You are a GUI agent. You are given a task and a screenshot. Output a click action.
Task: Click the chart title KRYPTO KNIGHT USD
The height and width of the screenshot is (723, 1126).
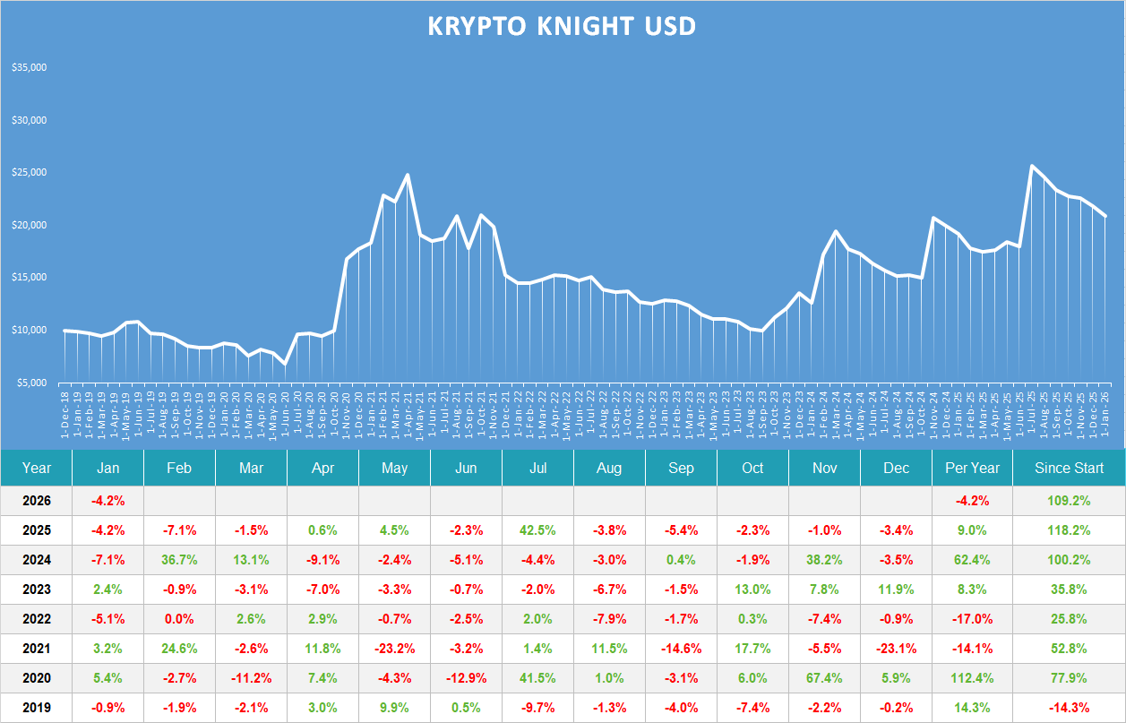pos(562,27)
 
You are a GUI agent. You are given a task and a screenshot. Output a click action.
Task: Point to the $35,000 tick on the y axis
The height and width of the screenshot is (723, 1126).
pos(30,68)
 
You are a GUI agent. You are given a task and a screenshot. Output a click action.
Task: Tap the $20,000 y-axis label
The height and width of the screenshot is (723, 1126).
pos(30,225)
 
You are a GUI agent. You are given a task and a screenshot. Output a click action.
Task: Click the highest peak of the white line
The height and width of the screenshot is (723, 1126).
pos(1032,166)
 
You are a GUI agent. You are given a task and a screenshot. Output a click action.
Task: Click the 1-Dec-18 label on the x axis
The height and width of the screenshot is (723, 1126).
pos(65,413)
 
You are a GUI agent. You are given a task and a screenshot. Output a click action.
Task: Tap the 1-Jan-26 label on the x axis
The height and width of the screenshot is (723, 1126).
pos(1105,413)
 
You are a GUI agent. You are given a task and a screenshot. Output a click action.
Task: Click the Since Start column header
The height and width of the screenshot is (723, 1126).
pos(1068,468)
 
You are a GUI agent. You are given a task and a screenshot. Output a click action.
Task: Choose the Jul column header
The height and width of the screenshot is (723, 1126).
pos(537,468)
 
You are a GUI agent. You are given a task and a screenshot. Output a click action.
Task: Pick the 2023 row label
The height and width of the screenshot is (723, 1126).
pos(37,590)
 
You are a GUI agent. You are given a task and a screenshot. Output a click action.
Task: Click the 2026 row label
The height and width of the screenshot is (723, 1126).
pos(37,500)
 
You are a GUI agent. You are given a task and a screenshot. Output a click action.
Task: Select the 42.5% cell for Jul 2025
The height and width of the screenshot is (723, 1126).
pos(537,529)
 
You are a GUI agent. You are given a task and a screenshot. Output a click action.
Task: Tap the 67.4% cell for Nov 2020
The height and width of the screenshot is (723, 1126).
pos(824,678)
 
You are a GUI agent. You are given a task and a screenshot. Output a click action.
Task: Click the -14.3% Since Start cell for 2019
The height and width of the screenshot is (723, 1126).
pos(1068,708)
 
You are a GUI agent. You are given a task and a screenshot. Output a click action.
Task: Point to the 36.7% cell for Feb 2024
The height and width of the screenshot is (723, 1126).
pos(179,560)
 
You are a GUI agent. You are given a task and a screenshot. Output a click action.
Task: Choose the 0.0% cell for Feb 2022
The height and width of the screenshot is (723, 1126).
pos(179,619)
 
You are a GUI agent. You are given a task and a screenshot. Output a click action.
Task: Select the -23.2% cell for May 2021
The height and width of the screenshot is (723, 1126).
pos(394,649)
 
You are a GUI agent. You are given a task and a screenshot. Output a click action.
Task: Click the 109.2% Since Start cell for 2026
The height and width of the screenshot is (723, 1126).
pos(1068,500)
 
